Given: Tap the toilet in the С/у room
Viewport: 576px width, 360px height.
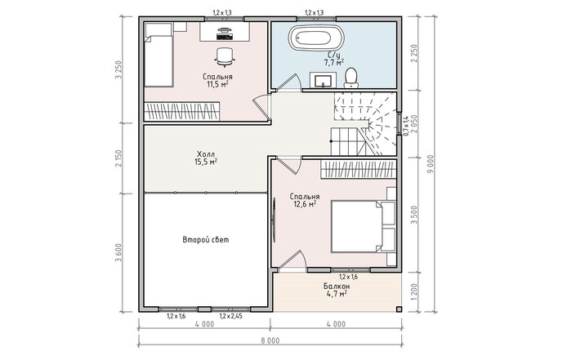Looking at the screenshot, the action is [x=351, y=78].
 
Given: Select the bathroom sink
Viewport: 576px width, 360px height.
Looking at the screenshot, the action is [x=323, y=80].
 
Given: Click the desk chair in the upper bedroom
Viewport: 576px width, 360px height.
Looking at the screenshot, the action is [x=224, y=57].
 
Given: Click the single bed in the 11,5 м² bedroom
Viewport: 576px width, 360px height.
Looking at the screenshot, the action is [x=159, y=55].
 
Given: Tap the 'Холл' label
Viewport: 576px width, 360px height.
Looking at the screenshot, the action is [x=206, y=153].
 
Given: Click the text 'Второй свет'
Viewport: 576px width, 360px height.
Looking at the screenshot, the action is [x=206, y=240].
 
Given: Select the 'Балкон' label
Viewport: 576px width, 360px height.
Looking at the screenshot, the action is [x=337, y=286].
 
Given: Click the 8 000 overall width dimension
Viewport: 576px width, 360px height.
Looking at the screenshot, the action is [x=270, y=340].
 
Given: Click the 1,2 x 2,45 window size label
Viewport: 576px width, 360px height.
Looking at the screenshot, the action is [x=230, y=316].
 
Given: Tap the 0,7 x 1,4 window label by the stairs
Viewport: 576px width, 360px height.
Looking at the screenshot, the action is [x=405, y=126].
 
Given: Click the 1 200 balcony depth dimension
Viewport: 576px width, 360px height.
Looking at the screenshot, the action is [x=414, y=292].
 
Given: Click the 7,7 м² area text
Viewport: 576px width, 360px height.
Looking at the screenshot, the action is [x=334, y=62].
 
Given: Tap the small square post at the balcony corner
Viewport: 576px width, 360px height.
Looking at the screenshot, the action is [x=400, y=309].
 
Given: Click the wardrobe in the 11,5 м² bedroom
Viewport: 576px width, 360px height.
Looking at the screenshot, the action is [x=182, y=111].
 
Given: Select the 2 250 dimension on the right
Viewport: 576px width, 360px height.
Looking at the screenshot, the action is [x=414, y=54].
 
